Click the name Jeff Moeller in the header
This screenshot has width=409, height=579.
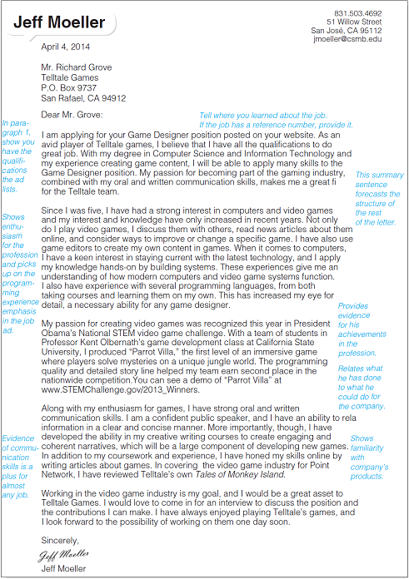point(62,19)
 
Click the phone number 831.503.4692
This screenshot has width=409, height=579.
point(358,14)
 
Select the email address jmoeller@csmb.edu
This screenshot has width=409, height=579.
point(347,39)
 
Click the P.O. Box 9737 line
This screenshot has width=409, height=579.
point(69,87)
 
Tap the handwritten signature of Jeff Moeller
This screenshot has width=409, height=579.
point(63,554)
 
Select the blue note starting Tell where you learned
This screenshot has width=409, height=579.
point(276,120)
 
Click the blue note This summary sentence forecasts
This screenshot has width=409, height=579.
point(379,199)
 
